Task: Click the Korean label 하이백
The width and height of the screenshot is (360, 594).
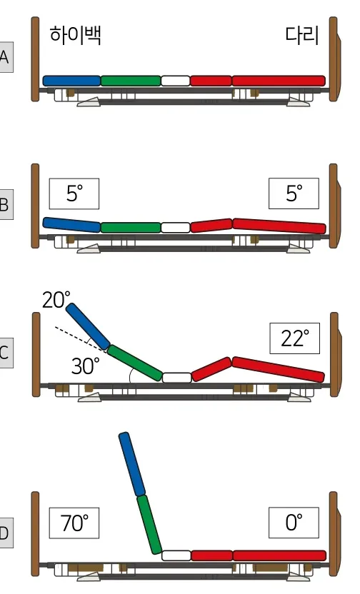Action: click(76, 35)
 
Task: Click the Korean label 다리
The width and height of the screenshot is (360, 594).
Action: click(301, 35)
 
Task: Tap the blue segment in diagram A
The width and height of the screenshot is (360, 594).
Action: click(71, 81)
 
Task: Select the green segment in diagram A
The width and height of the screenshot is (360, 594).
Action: click(131, 81)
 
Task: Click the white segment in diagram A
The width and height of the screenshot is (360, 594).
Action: click(176, 81)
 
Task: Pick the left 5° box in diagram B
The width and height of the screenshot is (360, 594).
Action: click(74, 193)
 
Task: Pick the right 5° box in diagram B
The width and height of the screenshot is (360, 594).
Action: click(294, 193)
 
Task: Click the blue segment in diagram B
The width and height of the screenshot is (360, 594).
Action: click(71, 225)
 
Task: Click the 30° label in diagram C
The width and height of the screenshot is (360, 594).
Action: click(85, 366)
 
